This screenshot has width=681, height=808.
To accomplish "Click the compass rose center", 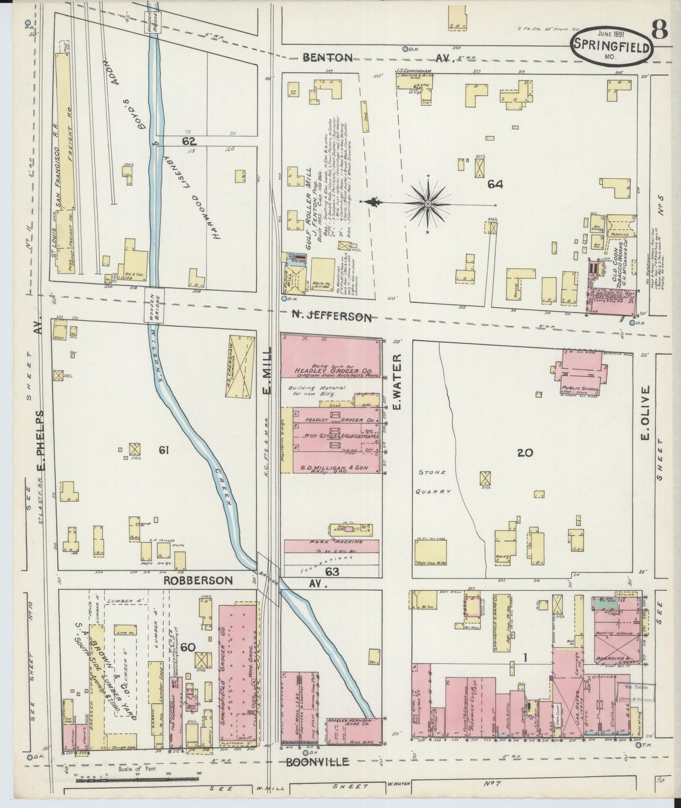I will click(427, 204).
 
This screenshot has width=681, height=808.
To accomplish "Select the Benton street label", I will click(328, 58).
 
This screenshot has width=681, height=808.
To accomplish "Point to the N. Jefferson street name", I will click(336, 317).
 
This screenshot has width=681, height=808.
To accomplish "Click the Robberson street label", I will click(198, 580).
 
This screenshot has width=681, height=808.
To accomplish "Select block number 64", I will click(495, 184).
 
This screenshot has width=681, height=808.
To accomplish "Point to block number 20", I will click(525, 453).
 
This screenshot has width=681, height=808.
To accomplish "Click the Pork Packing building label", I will click(331, 544).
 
